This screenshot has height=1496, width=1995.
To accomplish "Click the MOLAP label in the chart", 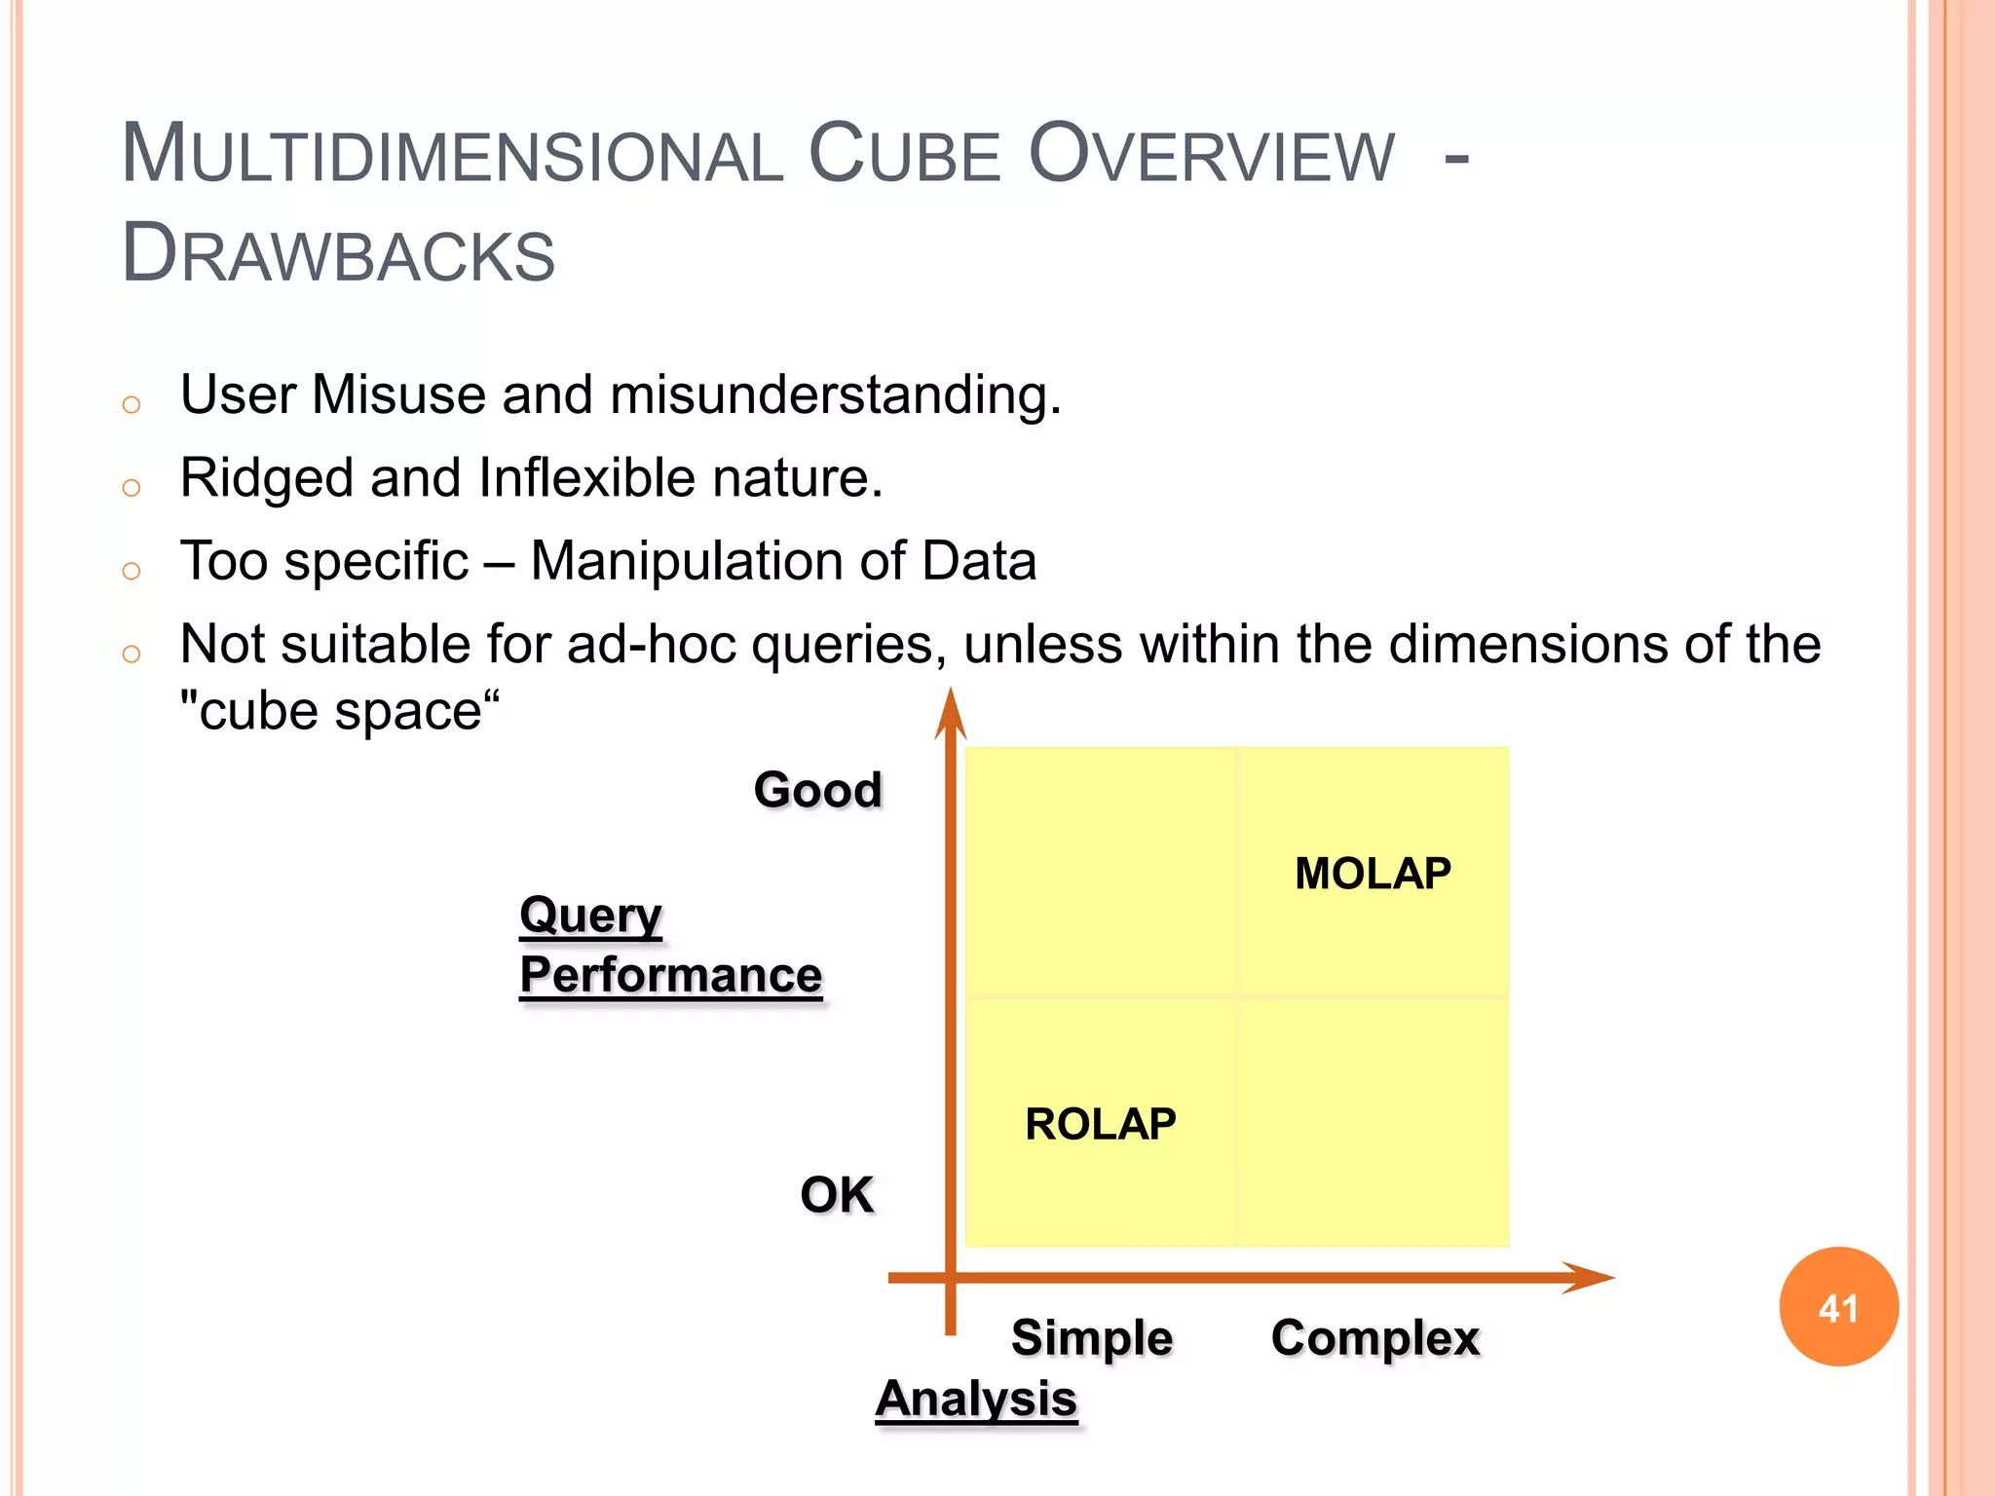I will click(1372, 874).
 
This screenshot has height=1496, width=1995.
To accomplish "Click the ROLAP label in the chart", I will click(1100, 1125).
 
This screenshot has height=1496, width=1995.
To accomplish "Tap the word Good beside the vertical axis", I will click(817, 789).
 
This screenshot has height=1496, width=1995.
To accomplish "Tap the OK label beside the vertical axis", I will click(836, 1194).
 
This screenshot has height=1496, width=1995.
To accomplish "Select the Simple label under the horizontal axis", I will click(1091, 1337).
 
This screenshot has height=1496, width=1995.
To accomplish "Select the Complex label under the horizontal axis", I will click(1374, 1337).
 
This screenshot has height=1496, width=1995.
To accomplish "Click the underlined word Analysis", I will click(976, 1400).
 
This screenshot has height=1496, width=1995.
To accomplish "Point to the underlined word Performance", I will click(670, 975).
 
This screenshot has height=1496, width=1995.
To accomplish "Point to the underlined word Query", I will click(590, 916).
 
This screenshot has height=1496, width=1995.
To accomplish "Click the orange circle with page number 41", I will click(1838, 1307).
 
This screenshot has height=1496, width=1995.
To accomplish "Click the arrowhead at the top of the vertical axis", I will click(950, 711).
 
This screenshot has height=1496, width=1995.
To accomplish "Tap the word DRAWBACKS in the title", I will click(338, 254).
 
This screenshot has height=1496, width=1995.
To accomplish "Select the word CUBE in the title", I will click(904, 155).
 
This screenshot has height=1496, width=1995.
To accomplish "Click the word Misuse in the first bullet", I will click(398, 395).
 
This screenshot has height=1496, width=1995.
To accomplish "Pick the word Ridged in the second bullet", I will click(266, 479).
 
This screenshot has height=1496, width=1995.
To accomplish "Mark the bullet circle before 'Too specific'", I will click(132, 571).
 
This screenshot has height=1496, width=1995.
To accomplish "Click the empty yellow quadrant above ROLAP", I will click(1100, 872).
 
